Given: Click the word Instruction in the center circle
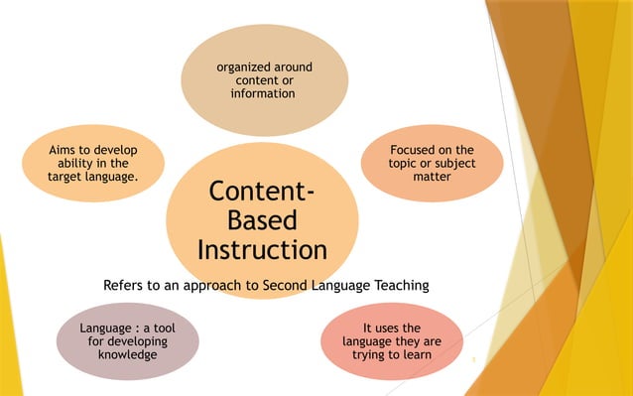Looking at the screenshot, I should click(x=262, y=247).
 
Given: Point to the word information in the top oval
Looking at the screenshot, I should click(x=263, y=93).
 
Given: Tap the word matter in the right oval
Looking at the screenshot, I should click(x=433, y=176).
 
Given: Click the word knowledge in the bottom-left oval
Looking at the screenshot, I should click(x=128, y=354).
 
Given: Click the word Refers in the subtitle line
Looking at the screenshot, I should click(x=123, y=286).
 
